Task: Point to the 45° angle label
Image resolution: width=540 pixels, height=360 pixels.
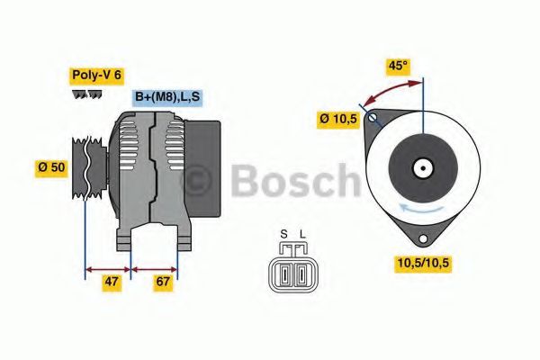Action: click(x=396, y=66)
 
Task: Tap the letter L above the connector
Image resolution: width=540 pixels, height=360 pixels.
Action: click(x=302, y=236)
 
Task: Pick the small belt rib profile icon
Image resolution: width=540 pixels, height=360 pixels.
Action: click(x=85, y=94)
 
